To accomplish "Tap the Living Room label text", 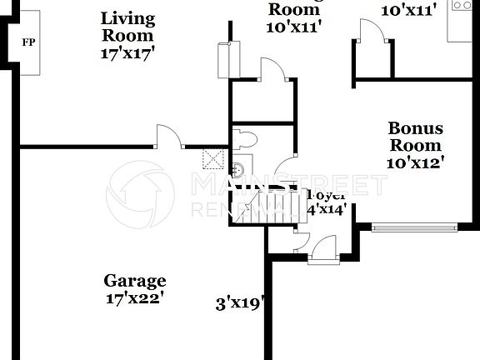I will pyautogui.click(x=129, y=27).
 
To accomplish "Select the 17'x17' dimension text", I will pyautogui.click(x=129, y=52).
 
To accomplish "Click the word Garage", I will pyautogui.click(x=134, y=281).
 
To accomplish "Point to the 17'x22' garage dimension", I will pyautogui.click(x=134, y=297).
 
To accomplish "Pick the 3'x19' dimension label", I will pyautogui.click(x=239, y=303).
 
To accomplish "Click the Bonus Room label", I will pyautogui.click(x=416, y=137).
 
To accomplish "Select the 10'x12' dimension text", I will pyautogui.click(x=416, y=162).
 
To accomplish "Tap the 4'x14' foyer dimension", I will pyautogui.click(x=327, y=209).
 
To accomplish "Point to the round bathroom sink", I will pyautogui.click(x=238, y=170).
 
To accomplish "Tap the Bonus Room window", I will pyautogui.click(x=414, y=225).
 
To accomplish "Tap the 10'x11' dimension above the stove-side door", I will pyautogui.click(x=408, y=11).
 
